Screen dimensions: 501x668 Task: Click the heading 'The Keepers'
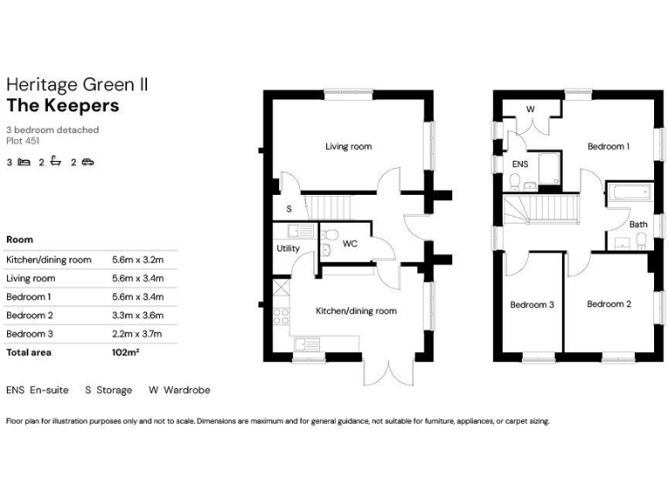tap(63, 106)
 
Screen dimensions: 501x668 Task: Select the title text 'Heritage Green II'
tap(77, 84)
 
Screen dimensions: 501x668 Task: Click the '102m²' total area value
tap(126, 352)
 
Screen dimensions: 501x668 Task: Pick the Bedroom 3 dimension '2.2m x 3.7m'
tap(137, 334)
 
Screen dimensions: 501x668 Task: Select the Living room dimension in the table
tap(137, 278)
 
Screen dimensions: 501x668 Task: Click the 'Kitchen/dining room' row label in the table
tap(49, 260)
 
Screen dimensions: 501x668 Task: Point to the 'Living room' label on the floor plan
tap(349, 147)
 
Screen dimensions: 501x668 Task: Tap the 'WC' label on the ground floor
tap(350, 244)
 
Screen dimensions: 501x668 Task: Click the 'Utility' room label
tap(288, 249)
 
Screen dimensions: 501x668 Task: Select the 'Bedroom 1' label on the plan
tap(608, 147)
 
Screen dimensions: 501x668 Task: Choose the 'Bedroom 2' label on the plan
tap(608, 304)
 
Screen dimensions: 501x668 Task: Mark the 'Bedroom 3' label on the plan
tap(531, 305)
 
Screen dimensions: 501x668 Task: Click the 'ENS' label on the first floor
tap(519, 164)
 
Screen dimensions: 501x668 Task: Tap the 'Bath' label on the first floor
tap(638, 224)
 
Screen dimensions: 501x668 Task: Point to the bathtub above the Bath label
tap(627, 193)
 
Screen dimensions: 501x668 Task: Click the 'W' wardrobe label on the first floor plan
tap(530, 110)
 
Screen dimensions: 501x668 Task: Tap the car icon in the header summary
tap(88, 162)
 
